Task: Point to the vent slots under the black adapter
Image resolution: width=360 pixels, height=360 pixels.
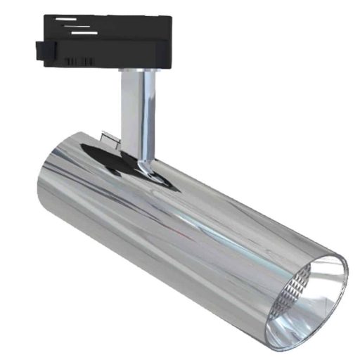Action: tap(79, 63)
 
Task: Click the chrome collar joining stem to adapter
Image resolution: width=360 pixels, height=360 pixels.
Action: tap(135, 71)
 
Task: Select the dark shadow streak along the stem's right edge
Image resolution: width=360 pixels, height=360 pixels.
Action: tap(146, 112)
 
